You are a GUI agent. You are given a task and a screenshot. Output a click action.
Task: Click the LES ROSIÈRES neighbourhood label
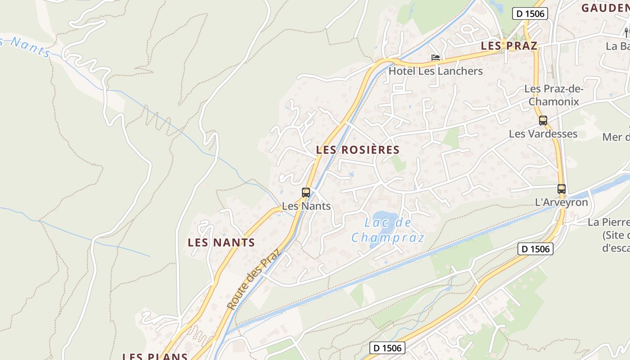coord(358,150)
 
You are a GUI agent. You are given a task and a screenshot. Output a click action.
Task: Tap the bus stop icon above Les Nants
coord(306,193)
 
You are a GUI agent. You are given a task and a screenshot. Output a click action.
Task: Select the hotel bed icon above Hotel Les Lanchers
coord(435,58)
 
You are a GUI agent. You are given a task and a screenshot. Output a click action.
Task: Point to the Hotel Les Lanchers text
coord(435,71)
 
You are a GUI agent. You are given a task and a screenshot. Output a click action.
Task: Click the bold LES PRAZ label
coord(509,46)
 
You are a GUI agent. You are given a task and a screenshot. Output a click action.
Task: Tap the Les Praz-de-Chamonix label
coord(553,95)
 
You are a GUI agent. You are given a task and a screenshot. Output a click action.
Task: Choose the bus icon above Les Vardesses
coord(543,120)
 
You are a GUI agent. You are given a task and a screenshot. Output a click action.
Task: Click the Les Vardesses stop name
coord(543,134)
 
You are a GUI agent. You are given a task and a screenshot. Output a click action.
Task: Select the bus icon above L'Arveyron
coord(561,189)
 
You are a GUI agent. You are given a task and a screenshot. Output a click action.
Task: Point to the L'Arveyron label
coord(561,202)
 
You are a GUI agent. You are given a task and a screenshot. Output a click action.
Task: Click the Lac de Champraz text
coord(387,229)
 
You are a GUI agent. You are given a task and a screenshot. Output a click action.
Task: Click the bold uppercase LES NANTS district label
coord(221,243)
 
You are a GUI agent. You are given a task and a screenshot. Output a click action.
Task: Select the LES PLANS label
coord(155,356)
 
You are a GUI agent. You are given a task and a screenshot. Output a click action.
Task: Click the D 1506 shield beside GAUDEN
coord(530,13)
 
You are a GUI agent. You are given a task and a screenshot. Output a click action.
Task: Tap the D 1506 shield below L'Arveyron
coord(535,248)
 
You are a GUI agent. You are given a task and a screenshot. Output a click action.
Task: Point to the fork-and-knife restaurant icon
coord(626,32)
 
